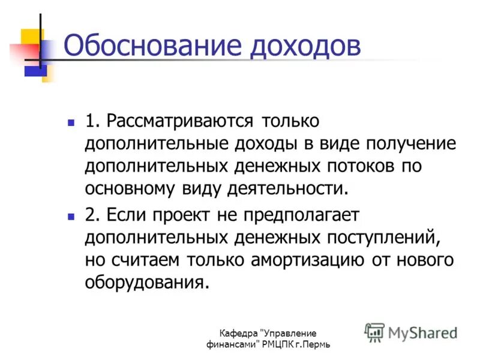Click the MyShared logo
click(x=411, y=332)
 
